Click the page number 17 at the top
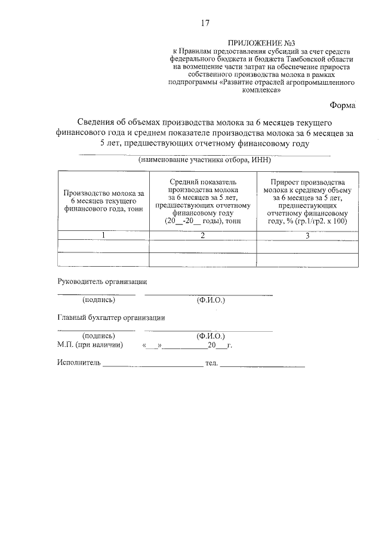click(x=205, y=23)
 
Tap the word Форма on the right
click(x=345, y=105)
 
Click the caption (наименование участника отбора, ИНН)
click(x=205, y=160)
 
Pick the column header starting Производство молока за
click(x=103, y=201)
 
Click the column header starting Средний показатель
click(x=202, y=201)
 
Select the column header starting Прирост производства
click(x=307, y=201)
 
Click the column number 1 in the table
click(x=103, y=236)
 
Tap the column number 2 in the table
click(x=202, y=236)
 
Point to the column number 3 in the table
click(x=307, y=236)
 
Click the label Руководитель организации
click(x=101, y=281)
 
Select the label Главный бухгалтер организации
click(x=111, y=318)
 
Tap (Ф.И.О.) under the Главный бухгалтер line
click(x=210, y=337)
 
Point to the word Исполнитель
click(x=79, y=363)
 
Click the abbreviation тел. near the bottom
click(x=211, y=363)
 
